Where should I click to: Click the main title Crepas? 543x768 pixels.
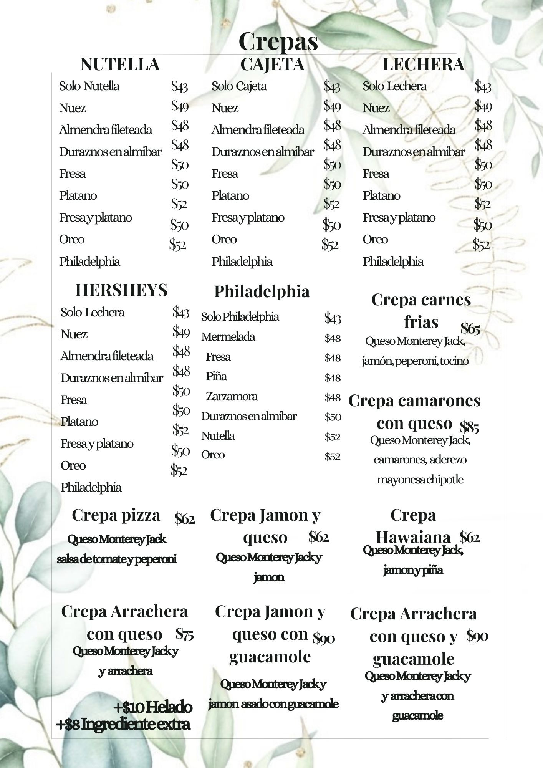click(x=278, y=41)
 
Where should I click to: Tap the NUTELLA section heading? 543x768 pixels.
click(x=120, y=65)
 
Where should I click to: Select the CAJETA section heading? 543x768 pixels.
click(x=272, y=65)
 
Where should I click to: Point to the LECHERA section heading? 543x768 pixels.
click(x=423, y=65)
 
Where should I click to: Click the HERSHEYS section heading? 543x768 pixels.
click(x=121, y=290)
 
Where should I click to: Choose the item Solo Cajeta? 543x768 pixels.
click(x=239, y=86)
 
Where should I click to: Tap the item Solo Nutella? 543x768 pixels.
click(x=89, y=86)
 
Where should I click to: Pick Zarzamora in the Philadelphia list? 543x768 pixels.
click(x=232, y=396)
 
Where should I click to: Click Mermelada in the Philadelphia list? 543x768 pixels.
click(x=228, y=337)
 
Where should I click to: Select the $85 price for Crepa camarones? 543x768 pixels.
click(x=469, y=427)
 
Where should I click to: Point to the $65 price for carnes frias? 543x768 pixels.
click(x=470, y=329)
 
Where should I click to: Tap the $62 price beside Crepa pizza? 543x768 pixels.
click(x=185, y=519)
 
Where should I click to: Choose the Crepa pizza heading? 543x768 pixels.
click(x=116, y=515)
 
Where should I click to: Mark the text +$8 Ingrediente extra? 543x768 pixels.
click(x=123, y=724)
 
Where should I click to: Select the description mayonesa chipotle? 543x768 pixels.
click(x=420, y=480)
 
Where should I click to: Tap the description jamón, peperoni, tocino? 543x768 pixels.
click(x=415, y=361)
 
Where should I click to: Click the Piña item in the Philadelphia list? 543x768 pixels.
click(x=216, y=376)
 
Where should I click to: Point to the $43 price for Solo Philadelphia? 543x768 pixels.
click(x=333, y=318)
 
